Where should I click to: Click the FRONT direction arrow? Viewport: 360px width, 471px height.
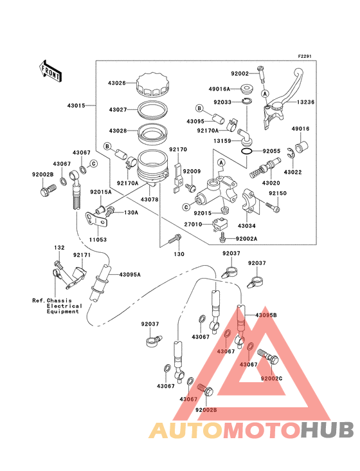coord(50,71)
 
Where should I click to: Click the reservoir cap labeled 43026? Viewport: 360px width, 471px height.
coord(152,84)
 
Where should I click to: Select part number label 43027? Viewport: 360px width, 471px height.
coord(118,110)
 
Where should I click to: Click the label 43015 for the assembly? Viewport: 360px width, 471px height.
coord(76,106)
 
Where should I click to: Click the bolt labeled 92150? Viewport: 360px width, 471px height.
coord(273,207)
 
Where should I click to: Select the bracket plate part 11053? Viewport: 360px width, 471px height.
coord(96,220)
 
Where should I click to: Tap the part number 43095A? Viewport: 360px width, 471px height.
coord(130,275)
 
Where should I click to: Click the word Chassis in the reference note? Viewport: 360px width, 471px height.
coord(59,300)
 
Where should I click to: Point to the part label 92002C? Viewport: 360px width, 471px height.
coord(271,378)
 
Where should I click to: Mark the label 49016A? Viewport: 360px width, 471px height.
coord(219,89)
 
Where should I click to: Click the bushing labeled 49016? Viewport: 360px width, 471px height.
coord(301,146)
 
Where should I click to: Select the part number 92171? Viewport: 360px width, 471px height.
coord(82,255)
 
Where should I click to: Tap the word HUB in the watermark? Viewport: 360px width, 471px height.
coord(327,430)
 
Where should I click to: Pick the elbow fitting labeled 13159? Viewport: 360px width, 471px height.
coord(244,136)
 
